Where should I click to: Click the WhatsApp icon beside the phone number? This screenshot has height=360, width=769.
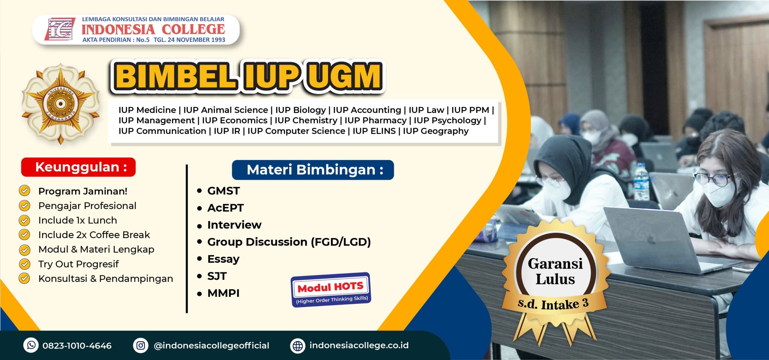click(31, 345)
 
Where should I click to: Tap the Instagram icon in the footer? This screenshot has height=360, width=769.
click(141, 345)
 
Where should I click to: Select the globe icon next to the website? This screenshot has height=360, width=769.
click(298, 346)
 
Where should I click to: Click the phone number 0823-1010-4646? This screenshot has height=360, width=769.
click(77, 346)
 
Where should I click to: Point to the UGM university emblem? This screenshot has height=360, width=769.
click(61, 104)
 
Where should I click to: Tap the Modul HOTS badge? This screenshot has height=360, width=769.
click(331, 290)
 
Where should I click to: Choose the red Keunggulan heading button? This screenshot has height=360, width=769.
click(78, 167)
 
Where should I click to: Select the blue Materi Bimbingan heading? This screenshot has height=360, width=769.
click(313, 170)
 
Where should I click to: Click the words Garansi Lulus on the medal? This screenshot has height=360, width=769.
click(555, 271)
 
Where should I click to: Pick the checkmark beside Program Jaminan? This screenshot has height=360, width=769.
click(24, 191)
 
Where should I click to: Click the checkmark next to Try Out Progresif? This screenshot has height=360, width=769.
click(24, 264)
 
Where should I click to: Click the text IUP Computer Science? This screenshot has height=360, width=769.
click(296, 131)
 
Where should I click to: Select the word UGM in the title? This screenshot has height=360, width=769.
click(345, 76)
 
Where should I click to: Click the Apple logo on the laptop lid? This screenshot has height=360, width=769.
click(651, 240)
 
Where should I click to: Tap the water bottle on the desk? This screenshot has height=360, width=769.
click(641, 182)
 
